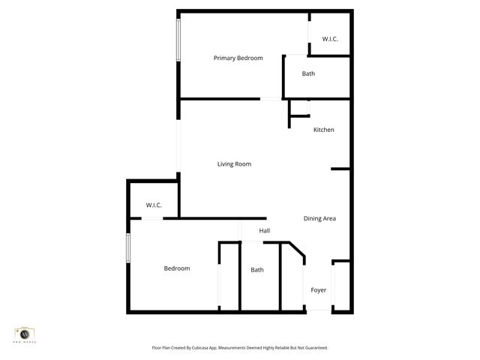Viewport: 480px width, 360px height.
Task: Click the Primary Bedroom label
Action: [238, 58]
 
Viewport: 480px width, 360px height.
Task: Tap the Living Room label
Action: [234, 164]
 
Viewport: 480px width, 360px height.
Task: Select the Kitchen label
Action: [323, 130]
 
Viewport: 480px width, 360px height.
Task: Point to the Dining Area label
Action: [319, 218]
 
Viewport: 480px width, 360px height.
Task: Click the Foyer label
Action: [319, 289]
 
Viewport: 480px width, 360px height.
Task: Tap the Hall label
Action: [264, 231]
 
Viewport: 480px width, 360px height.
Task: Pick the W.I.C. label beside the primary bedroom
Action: [331, 38]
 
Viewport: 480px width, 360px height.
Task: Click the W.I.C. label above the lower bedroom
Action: [154, 205]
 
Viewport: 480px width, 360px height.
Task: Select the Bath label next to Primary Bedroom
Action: [308, 73]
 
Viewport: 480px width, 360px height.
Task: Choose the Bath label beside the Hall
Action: [257, 270]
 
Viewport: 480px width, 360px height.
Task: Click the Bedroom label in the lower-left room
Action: [177, 268]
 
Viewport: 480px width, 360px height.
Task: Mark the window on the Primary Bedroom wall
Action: [178, 40]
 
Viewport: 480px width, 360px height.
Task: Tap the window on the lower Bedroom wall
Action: [128, 247]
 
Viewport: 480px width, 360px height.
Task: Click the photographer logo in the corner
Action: [25, 334]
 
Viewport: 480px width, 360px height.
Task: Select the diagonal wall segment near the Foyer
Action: [297, 252]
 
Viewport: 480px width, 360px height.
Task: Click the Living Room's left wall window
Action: [178, 146]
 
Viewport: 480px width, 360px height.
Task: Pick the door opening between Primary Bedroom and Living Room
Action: [271, 98]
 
